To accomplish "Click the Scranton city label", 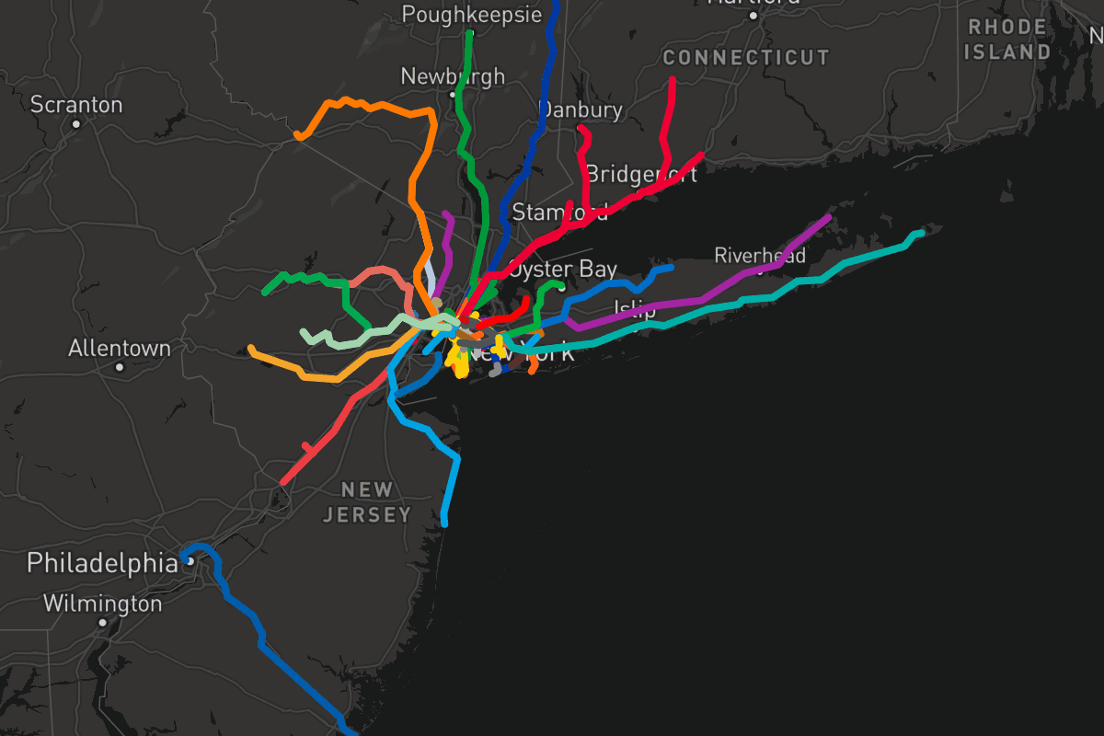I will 76,104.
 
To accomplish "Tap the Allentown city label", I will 120,349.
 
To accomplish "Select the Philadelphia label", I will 102,562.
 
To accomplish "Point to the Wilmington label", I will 102,604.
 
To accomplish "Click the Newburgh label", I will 453,75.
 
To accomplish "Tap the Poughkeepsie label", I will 472,15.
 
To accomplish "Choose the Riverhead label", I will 760,255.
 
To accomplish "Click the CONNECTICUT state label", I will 746,57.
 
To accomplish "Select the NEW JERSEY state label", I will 367,502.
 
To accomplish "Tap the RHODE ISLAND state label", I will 1007,40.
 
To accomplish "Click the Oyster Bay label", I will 562,269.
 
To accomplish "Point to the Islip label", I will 635,309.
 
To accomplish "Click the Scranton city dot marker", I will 76,123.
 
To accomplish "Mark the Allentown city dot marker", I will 120,367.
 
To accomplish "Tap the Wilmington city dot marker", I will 102,623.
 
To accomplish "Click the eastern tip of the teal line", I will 921,233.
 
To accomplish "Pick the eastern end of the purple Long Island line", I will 830,218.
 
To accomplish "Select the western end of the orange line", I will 297,136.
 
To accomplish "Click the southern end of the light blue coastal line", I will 444,523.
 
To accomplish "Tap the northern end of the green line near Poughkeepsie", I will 470,33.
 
